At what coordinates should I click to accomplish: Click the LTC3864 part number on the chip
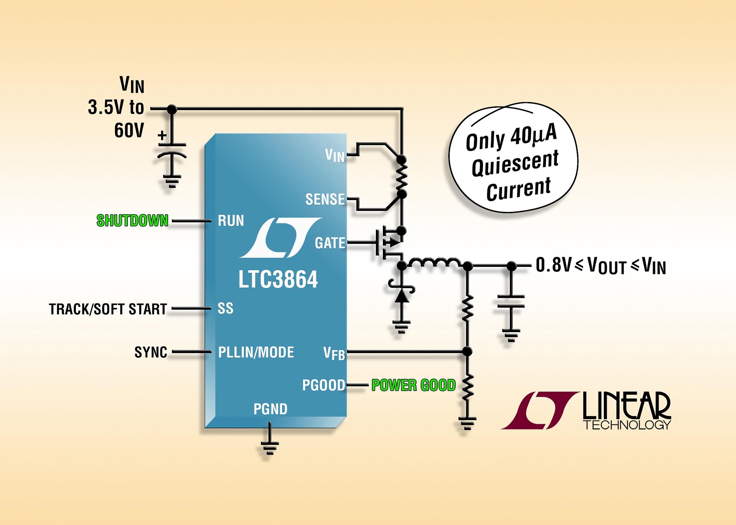pyautogui.click(x=278, y=279)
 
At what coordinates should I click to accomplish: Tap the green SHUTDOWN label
pyautogui.click(x=132, y=221)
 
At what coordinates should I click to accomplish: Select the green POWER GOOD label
pyautogui.click(x=413, y=385)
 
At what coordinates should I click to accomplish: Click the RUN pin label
pyautogui.click(x=231, y=221)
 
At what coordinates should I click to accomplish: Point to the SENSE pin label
pyautogui.click(x=325, y=199)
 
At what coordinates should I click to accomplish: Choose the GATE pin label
pyautogui.click(x=330, y=243)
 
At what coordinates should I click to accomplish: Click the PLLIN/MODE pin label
pyautogui.click(x=256, y=352)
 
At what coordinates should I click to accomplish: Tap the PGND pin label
pyautogui.click(x=270, y=409)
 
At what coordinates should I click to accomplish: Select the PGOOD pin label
pyautogui.click(x=323, y=385)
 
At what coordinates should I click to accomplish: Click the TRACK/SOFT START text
pyautogui.click(x=108, y=309)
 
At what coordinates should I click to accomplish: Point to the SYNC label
pyautogui.click(x=151, y=352)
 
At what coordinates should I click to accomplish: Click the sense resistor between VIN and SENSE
pyautogui.click(x=401, y=177)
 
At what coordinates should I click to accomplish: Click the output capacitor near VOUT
pyautogui.click(x=511, y=302)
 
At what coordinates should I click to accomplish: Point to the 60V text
pyautogui.click(x=129, y=131)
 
